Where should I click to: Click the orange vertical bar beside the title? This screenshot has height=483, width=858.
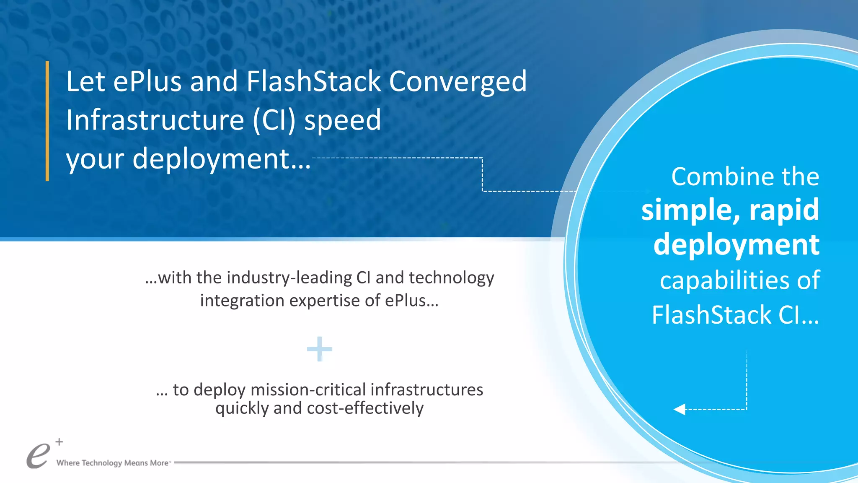pyautogui.click(x=47, y=121)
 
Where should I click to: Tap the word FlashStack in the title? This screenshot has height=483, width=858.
pyautogui.click(x=313, y=81)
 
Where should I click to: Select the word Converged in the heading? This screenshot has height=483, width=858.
pyautogui.click(x=457, y=81)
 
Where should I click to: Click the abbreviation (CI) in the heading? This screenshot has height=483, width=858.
pyautogui.click(x=274, y=120)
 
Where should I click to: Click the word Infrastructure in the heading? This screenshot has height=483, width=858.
pyautogui.click(x=155, y=120)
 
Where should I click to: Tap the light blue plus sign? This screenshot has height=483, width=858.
pyautogui.click(x=320, y=349)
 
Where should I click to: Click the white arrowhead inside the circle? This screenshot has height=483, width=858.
pyautogui.click(x=680, y=409)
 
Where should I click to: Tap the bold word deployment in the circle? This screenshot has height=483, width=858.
pyautogui.click(x=736, y=244)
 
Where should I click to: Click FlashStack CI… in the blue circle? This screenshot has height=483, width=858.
pyautogui.click(x=735, y=315)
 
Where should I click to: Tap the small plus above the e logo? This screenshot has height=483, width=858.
pyautogui.click(x=59, y=441)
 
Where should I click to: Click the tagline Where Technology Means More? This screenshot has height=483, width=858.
pyautogui.click(x=112, y=463)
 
